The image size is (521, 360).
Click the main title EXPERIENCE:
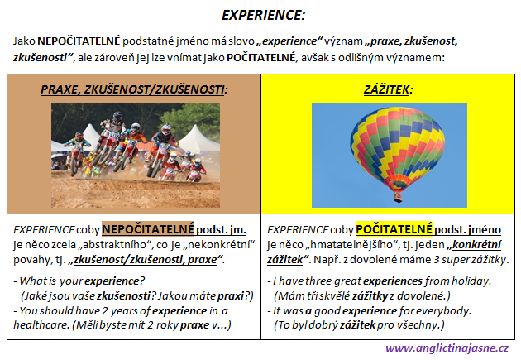pyautogui.click(x=263, y=15)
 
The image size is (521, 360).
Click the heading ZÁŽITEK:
pyautogui.click(x=388, y=89)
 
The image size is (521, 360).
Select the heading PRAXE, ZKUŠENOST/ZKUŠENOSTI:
pyautogui.click(x=134, y=89)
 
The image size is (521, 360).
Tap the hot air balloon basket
pyautogui.click(x=398, y=198)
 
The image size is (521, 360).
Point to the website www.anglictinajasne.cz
pyautogui.click(x=447, y=348)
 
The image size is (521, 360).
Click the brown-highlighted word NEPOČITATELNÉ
pyautogui.click(x=148, y=229)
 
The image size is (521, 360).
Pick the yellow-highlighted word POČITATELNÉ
pyautogui.click(x=394, y=229)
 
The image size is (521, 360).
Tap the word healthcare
pyautogui.click(x=41, y=324)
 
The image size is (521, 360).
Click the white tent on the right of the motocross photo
pyautogui.click(x=198, y=140)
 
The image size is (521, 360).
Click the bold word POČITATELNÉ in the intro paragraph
pyautogui.click(x=260, y=57)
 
